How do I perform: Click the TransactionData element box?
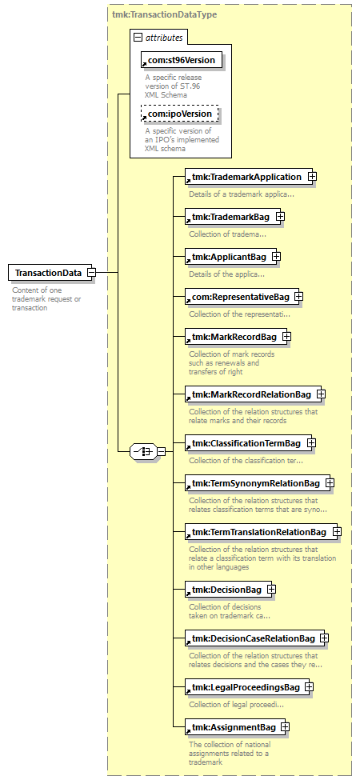pos(50,273)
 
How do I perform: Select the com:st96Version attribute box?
pos(181,60)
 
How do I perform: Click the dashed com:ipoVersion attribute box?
pos(179,114)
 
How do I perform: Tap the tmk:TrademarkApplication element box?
pos(249,177)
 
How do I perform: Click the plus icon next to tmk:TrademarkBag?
pos(281,216)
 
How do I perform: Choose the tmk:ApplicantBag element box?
pos(230,257)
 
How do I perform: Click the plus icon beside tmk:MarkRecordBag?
pos(287,337)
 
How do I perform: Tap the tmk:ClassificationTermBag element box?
pos(248,442)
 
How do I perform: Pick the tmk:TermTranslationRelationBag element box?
pos(261,532)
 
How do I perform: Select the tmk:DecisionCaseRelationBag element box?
pos(255,638)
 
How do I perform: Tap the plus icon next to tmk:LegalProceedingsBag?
pos(309,687)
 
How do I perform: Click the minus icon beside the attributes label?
pos(138,38)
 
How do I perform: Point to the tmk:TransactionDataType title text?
pos(164,14)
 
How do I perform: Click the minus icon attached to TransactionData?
pos(92,273)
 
